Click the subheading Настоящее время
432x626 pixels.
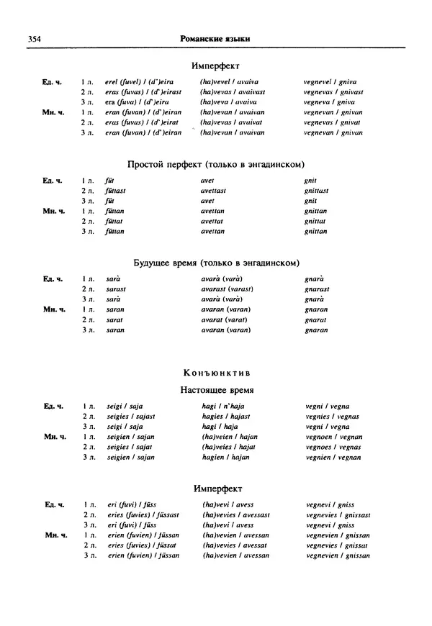tap(216, 391)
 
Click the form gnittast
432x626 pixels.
tap(317, 191)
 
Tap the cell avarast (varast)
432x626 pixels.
tap(227, 289)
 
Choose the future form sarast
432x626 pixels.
tap(116, 289)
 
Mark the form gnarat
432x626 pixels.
tap(316, 319)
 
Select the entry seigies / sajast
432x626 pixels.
tap(130, 417)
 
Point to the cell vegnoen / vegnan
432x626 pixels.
tap(334, 437)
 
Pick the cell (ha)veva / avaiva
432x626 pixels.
tap(230, 102)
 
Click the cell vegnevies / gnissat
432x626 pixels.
tap(336, 545)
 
